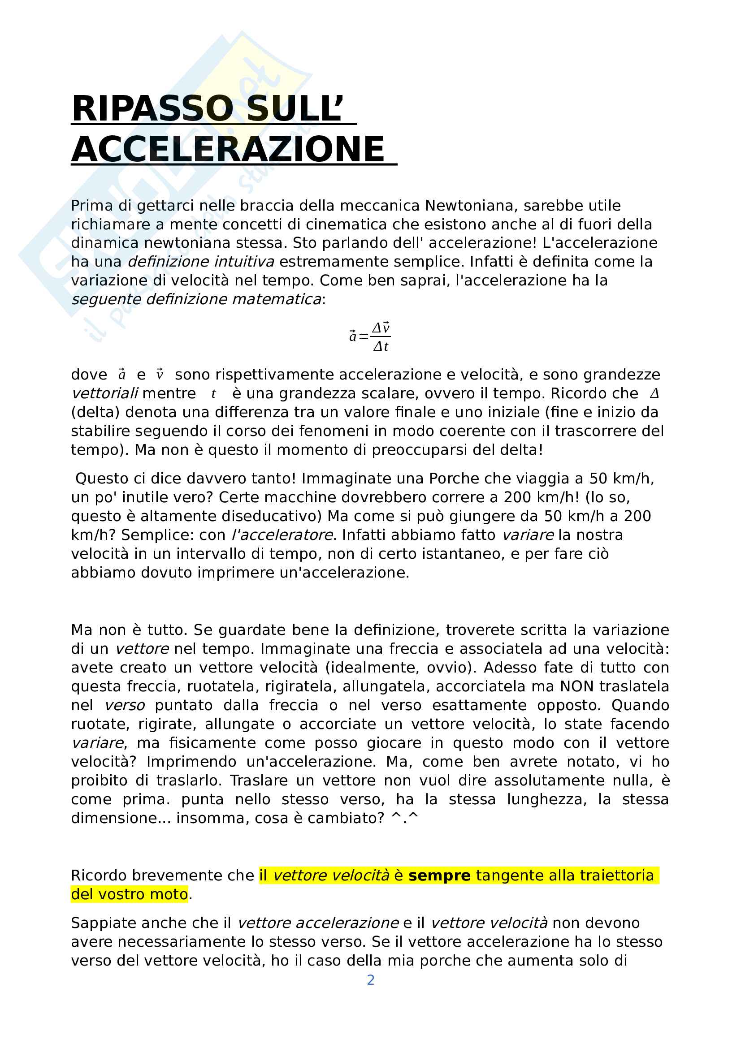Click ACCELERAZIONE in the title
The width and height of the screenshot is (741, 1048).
(x=228, y=149)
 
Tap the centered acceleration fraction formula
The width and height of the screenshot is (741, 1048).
(x=370, y=337)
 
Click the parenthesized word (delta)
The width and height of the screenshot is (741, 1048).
(x=95, y=412)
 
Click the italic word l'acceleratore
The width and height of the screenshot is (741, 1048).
(x=282, y=535)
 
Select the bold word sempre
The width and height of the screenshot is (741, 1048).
(x=439, y=875)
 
